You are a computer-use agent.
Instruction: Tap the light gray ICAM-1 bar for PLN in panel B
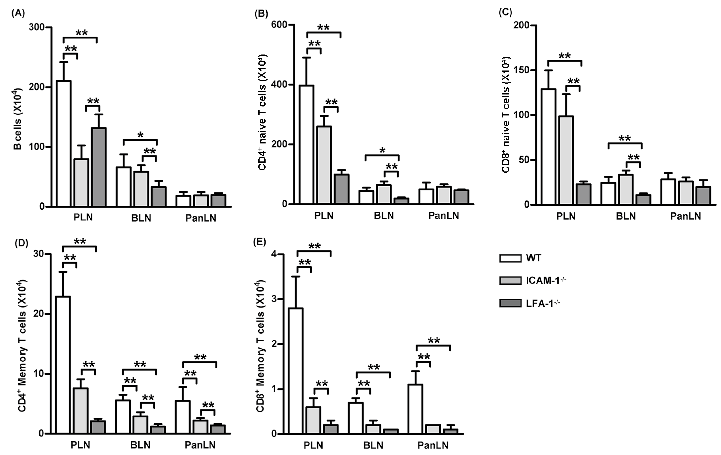(324, 165)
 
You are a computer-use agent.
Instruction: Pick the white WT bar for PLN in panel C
(548, 147)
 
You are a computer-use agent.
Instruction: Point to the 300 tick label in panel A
(36, 27)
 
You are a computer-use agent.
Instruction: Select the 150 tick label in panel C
(521, 70)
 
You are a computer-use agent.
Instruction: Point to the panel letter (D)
(21, 243)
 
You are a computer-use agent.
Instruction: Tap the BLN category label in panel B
(384, 216)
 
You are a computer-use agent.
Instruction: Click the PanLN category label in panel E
(433, 445)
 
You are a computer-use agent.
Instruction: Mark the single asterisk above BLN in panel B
(382, 150)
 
